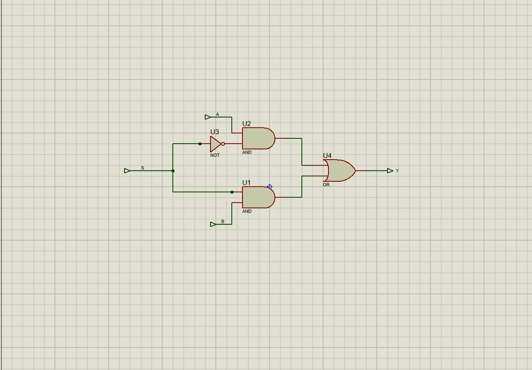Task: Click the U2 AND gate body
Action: coord(258,138)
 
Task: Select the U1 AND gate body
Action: coord(258,197)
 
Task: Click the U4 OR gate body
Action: coord(340,171)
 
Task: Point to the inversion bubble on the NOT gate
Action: coord(223,144)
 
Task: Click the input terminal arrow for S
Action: coord(127,171)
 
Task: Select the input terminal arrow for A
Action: coord(208,117)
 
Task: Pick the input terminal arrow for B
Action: coord(213,224)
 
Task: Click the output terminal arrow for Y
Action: coord(390,171)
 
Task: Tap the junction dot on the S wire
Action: coord(173,171)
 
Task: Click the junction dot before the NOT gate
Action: coord(200,144)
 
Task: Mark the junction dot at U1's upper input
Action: coord(232,192)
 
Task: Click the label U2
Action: coord(247,124)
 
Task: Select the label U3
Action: coord(215,132)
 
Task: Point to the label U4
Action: coord(327,156)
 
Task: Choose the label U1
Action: coord(247,183)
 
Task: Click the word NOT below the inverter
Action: coord(215,155)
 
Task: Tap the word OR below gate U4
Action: coord(326,185)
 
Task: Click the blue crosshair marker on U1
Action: coord(270,187)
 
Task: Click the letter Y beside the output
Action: coord(397,171)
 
